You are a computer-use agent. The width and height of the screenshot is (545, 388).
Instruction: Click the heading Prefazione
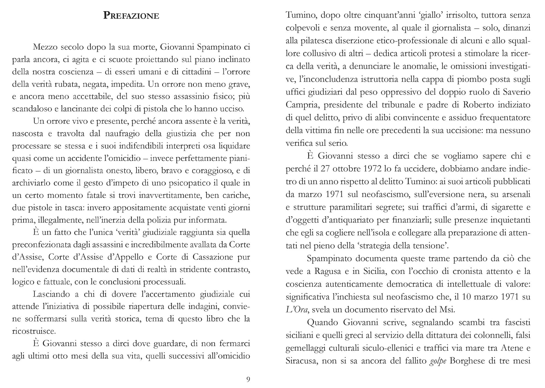click(x=131, y=16)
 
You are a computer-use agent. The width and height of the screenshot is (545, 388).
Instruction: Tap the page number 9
click(x=248, y=379)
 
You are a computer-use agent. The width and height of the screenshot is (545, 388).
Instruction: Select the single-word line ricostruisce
click(x=34, y=331)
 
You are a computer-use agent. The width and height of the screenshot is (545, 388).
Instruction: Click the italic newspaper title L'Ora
click(x=297, y=309)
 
